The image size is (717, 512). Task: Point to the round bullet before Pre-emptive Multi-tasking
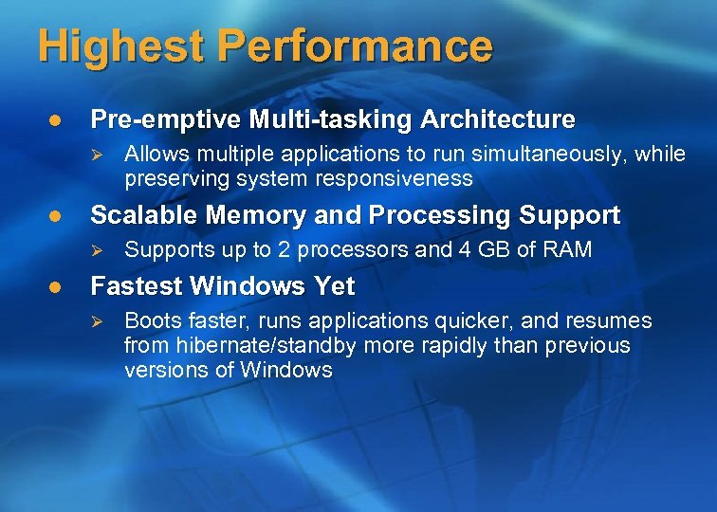(x=56, y=120)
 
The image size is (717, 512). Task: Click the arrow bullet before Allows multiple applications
(x=93, y=154)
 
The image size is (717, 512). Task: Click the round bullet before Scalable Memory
(x=56, y=216)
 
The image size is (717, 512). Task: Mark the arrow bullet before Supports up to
(x=93, y=250)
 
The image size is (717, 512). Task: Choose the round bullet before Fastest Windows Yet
(x=56, y=287)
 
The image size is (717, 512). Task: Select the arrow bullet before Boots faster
(x=93, y=320)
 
